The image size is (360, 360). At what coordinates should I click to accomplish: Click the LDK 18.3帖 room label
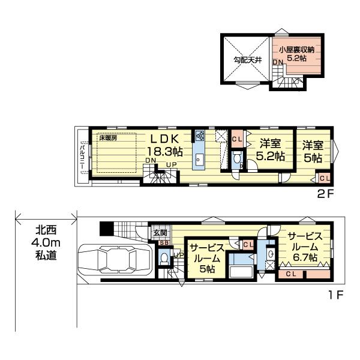164,145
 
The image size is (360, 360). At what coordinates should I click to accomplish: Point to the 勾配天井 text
245,60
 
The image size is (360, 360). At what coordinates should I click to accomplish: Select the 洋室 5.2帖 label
270,149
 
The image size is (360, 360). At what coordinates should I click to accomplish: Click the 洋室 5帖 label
313,152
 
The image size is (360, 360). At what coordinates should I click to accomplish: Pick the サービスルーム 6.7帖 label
305,247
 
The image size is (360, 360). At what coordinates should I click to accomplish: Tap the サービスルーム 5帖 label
207,259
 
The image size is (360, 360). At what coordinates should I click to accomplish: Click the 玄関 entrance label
160,233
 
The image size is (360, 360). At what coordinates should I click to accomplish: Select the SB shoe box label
164,243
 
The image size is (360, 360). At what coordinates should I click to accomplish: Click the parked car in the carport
115,259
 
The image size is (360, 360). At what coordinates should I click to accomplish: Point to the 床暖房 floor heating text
108,138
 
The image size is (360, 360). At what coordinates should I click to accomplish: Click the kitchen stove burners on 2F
200,135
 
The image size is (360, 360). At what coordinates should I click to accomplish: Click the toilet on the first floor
164,258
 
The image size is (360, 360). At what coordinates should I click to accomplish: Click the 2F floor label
325,194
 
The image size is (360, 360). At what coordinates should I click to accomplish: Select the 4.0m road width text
46,243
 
